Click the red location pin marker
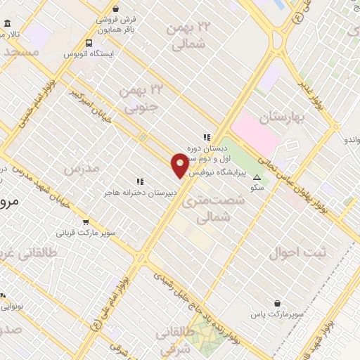pos(180,165)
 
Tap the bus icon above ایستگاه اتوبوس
pos(89,42)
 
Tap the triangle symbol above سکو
pos(257,177)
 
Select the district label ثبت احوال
pos(295,252)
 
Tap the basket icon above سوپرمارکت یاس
pos(279,304)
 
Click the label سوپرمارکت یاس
pos(279,316)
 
